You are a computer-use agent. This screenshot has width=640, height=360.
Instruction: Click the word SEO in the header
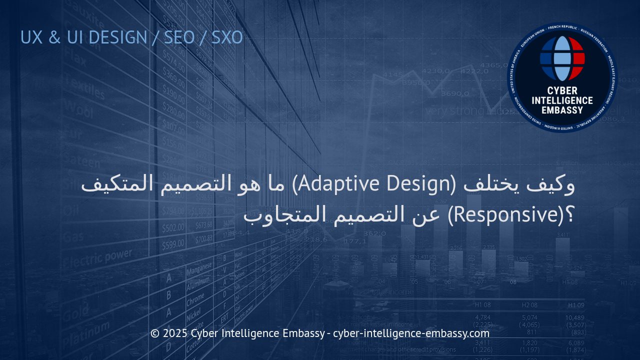(x=179, y=37)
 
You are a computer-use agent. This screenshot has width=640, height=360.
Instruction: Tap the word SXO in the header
(x=227, y=37)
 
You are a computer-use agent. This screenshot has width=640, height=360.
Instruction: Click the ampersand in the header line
(x=54, y=37)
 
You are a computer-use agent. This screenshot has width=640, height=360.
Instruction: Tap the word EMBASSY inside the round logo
(x=562, y=109)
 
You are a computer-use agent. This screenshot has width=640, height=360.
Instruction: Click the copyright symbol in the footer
(x=155, y=333)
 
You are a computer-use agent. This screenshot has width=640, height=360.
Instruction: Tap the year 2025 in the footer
(x=175, y=333)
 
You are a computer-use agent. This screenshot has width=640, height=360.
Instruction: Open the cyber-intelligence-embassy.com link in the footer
(x=411, y=333)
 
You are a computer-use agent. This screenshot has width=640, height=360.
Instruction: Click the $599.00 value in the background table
(x=173, y=244)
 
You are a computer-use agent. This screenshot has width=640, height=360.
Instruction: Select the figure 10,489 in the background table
(x=574, y=318)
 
